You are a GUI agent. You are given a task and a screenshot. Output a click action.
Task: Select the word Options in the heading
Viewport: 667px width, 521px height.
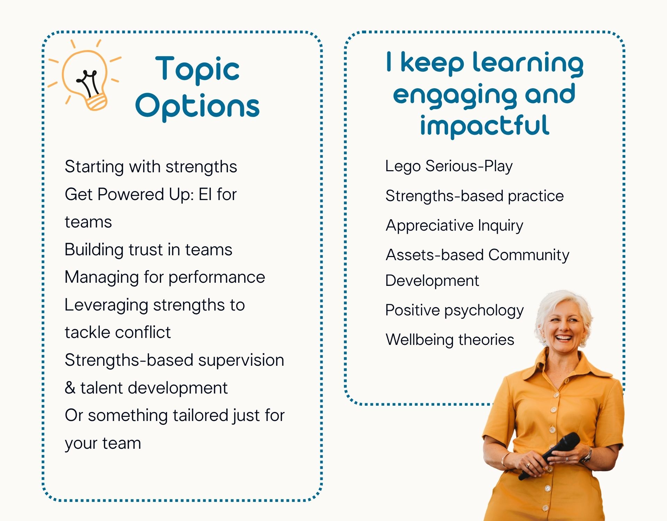point(197,106)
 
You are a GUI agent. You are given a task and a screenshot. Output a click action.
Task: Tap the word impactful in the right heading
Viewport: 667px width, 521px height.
point(485,126)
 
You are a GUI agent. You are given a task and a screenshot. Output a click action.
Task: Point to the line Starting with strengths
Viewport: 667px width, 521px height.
point(151,167)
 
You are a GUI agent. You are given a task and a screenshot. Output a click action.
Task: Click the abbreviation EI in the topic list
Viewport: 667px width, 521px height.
point(205,194)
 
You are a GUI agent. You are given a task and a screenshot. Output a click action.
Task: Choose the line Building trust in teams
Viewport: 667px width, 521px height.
point(148,249)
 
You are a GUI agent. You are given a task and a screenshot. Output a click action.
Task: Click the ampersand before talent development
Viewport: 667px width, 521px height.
point(70,388)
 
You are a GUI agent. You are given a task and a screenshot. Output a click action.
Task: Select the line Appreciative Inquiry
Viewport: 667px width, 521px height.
point(454,226)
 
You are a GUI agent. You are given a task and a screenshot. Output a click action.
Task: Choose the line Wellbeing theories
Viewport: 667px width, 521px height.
point(450,340)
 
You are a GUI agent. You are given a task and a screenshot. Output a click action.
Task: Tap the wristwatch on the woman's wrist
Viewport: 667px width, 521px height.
point(588,454)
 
